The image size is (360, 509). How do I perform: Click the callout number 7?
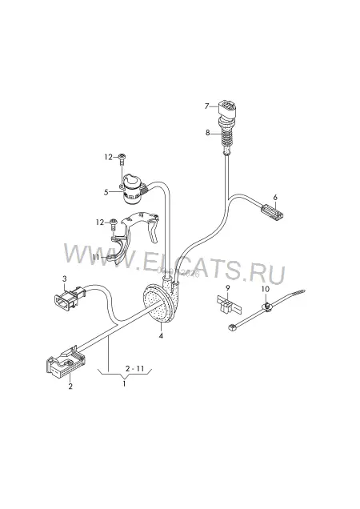[x=206, y=106]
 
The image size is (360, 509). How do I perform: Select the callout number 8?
[x=207, y=133]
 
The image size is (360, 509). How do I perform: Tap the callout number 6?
[x=275, y=197]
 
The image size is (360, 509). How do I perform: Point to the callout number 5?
[x=106, y=192]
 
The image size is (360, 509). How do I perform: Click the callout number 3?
[x=64, y=279]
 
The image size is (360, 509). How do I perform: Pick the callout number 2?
[x=70, y=387]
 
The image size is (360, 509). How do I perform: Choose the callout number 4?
[x=161, y=335]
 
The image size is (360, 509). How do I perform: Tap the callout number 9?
[x=227, y=287]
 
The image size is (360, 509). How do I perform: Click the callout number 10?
[x=266, y=289]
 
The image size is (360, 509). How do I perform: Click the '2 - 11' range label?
[x=134, y=368]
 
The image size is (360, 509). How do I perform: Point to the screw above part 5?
[x=122, y=159]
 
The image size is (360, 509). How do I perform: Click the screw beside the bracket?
[x=114, y=225]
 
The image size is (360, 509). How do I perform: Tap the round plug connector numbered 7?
[x=226, y=111]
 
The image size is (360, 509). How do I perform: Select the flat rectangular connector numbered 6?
[x=272, y=212]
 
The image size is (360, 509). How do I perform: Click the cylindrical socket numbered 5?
[x=131, y=189]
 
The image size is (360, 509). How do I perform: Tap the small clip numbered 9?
[x=228, y=306]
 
